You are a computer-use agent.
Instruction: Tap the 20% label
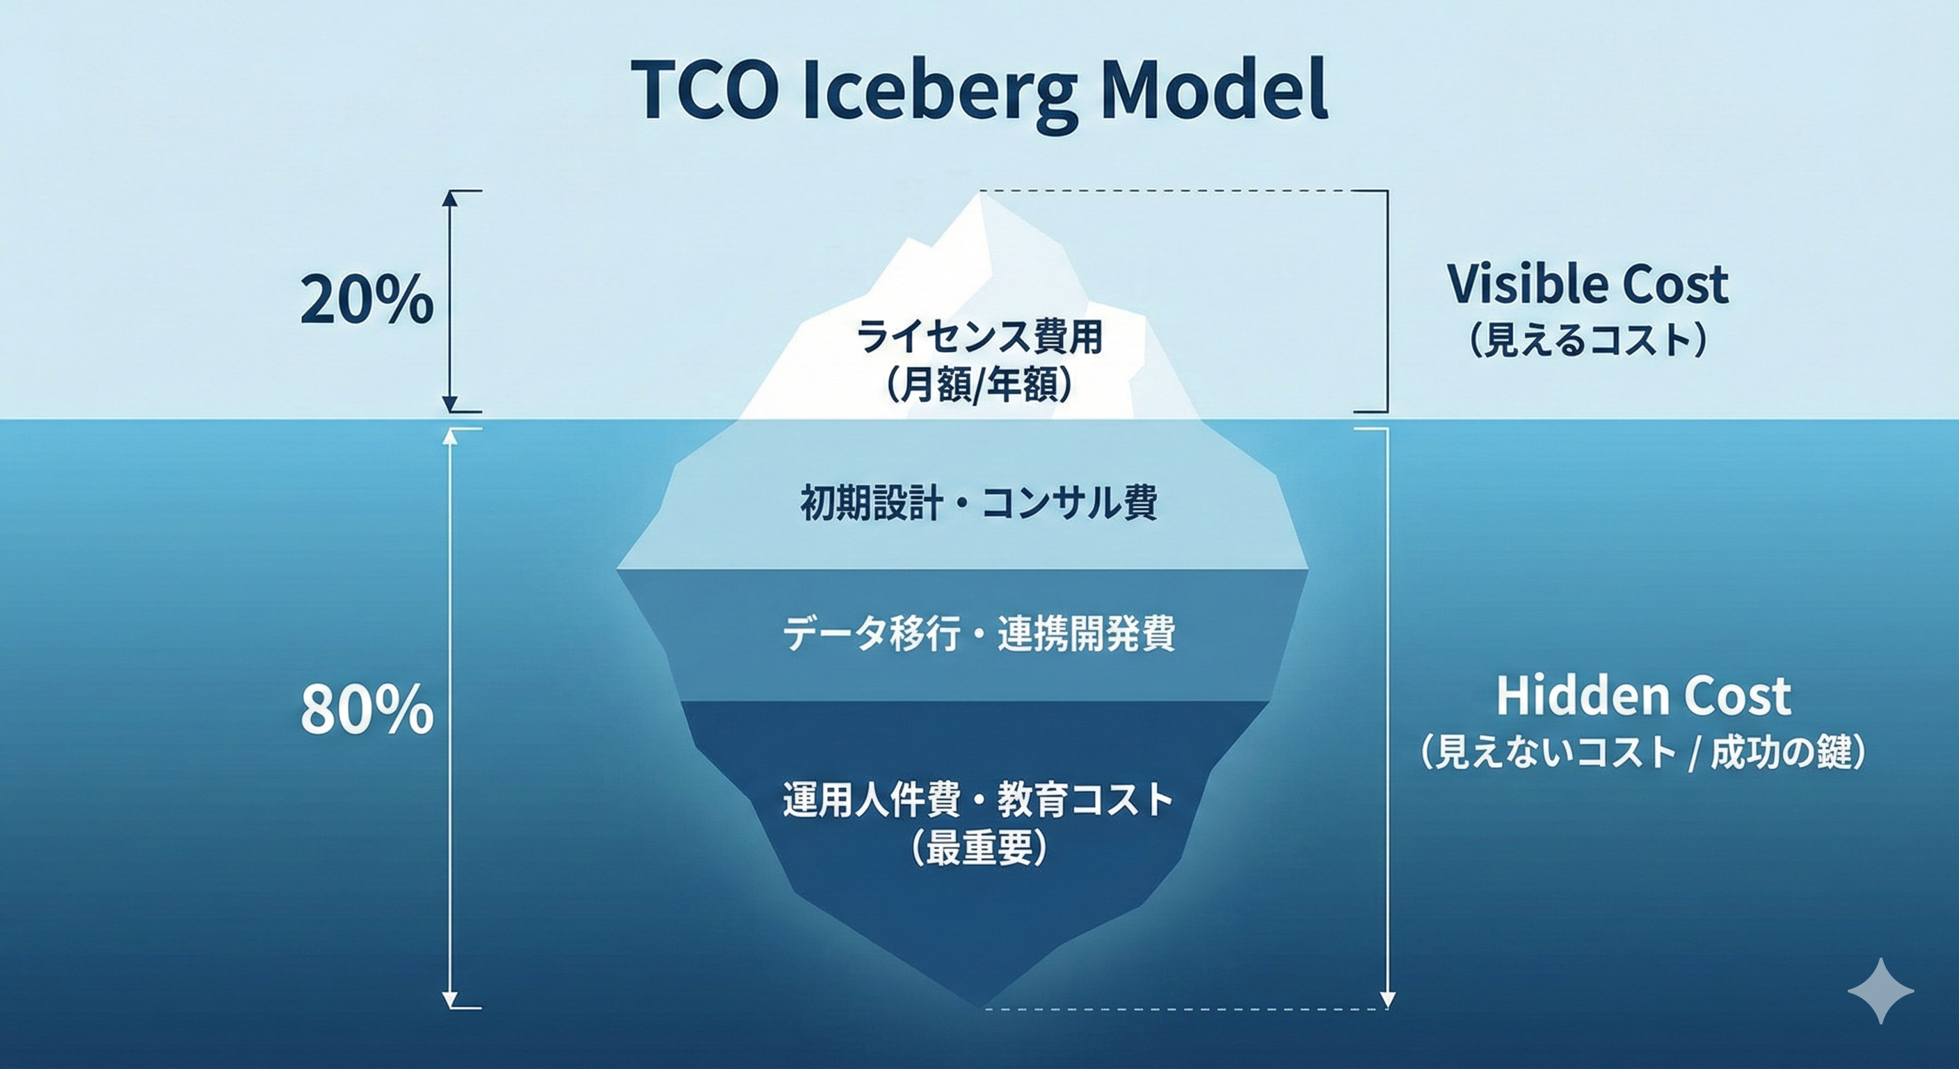(x=367, y=301)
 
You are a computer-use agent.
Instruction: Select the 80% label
(x=367, y=710)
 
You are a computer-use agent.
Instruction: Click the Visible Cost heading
(x=1588, y=285)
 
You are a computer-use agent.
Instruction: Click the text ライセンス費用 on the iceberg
(x=979, y=336)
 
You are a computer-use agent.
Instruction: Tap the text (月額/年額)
(x=979, y=385)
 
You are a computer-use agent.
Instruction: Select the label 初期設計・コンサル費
(x=979, y=503)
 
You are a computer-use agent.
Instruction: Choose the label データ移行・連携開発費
(x=979, y=634)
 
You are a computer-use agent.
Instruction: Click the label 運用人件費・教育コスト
(x=979, y=800)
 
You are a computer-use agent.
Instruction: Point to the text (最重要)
(x=979, y=847)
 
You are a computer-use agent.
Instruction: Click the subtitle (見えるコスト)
(x=1588, y=340)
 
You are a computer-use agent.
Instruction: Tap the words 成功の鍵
(x=1786, y=753)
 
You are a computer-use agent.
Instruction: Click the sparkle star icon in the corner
(x=1880, y=990)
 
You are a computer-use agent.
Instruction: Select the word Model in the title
(x=1214, y=91)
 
